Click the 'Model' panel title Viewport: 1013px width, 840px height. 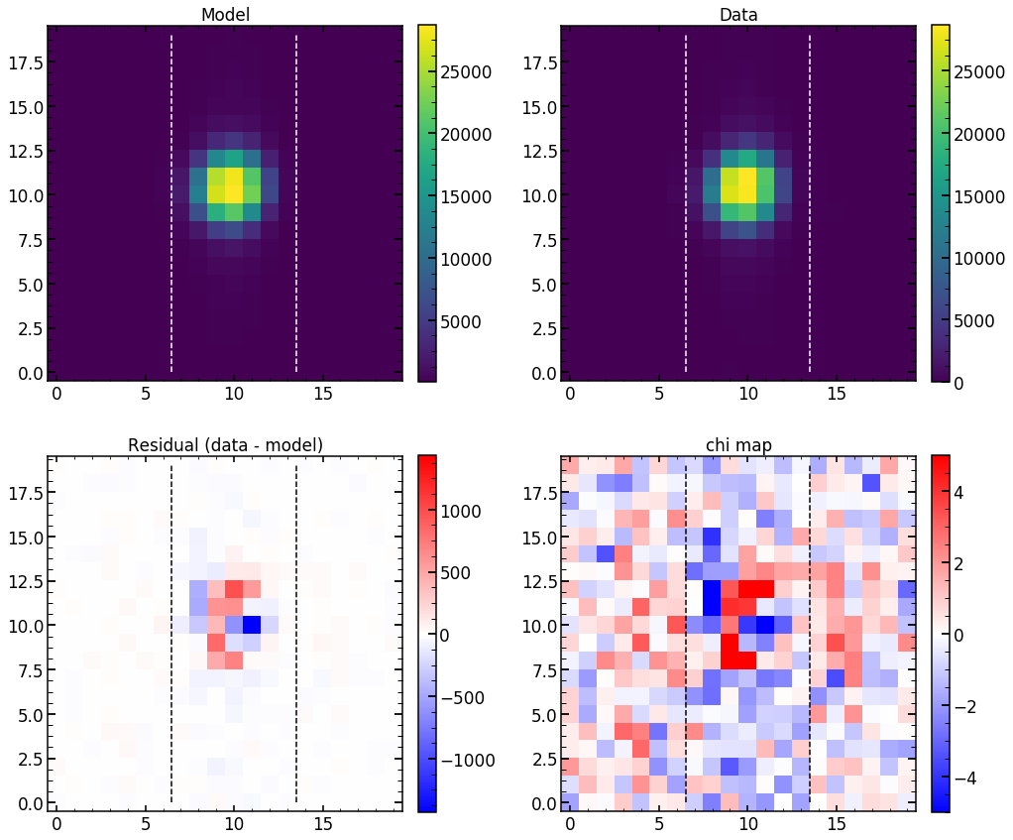click(x=224, y=15)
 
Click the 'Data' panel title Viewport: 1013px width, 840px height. click(x=738, y=15)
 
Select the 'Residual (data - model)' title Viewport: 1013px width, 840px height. click(x=224, y=446)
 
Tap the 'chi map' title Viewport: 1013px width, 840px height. click(x=738, y=446)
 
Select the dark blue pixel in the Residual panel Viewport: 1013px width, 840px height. click(x=252, y=625)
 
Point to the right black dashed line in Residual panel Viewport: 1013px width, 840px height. click(x=296, y=635)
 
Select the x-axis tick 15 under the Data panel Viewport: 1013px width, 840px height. click(x=836, y=394)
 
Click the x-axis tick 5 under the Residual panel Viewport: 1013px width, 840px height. click(x=145, y=824)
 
